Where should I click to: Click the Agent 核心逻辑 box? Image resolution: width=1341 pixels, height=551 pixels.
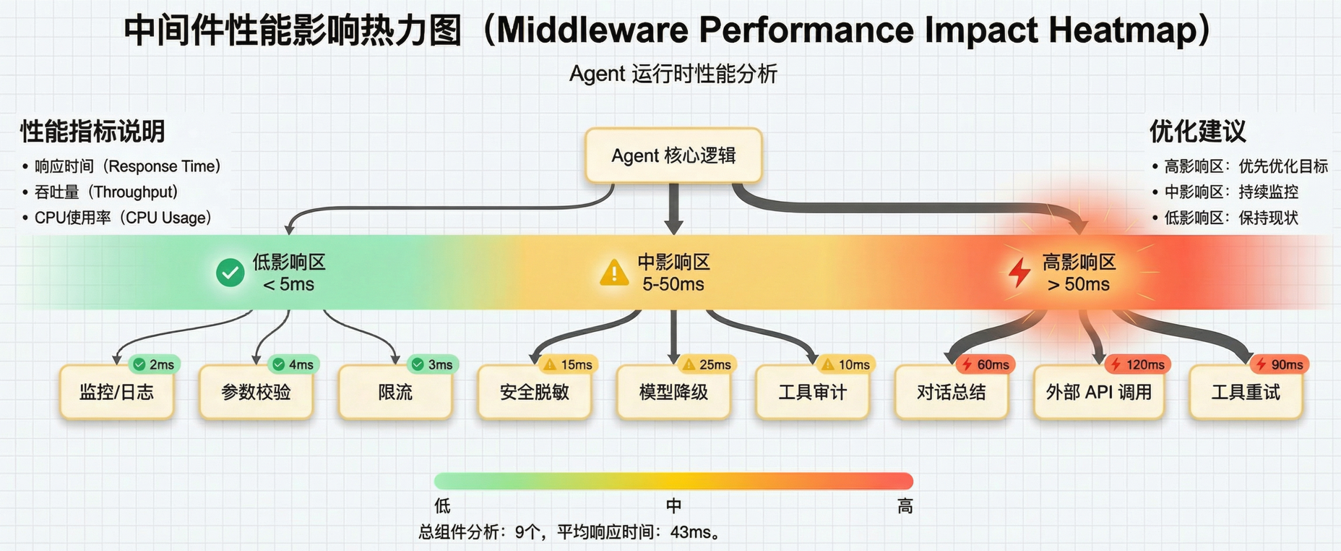click(673, 155)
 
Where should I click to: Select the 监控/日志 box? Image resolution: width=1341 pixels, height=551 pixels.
click(117, 392)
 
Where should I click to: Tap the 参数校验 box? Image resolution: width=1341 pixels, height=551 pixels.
click(256, 392)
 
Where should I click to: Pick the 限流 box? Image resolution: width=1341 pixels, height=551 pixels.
click(395, 392)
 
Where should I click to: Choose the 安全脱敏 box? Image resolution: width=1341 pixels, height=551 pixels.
click(535, 392)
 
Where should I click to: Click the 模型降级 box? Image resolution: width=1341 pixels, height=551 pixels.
click(673, 392)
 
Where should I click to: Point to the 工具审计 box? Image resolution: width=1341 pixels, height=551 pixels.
click(812, 392)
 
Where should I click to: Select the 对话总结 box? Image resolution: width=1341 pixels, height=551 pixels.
click(952, 392)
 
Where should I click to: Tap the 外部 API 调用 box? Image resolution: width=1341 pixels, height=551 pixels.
click(1099, 392)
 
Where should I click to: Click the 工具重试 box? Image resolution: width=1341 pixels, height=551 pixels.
click(1246, 392)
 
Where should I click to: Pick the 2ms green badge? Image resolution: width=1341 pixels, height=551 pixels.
click(154, 364)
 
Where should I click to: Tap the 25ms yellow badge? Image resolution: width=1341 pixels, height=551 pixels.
click(707, 364)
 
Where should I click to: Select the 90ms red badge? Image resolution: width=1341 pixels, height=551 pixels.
click(1280, 364)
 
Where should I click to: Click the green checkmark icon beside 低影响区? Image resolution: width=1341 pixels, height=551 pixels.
click(230, 273)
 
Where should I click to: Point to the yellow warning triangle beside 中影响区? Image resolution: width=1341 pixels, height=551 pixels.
click(614, 272)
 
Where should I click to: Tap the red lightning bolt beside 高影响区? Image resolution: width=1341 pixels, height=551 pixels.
click(1019, 272)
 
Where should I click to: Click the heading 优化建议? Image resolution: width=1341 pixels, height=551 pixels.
click(1198, 132)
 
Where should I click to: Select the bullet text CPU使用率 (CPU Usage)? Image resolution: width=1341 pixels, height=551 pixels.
click(123, 218)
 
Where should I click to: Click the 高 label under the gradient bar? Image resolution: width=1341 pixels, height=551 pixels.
click(905, 506)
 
